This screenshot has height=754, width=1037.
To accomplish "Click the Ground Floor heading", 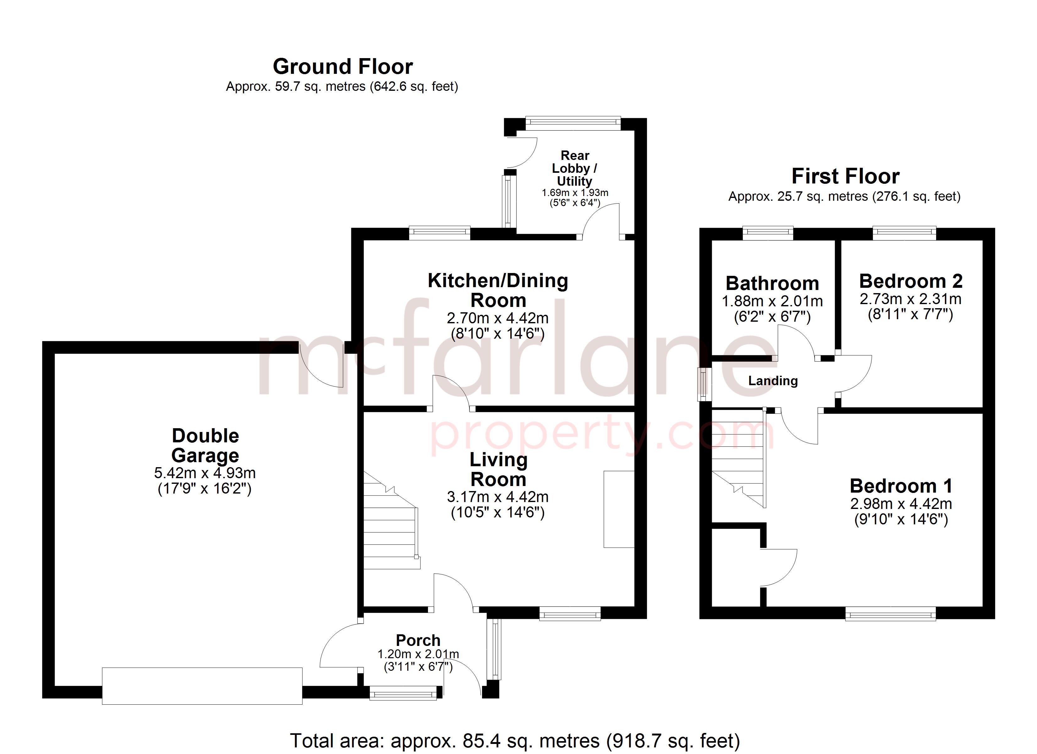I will tap(343, 67).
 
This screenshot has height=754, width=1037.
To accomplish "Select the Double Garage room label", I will tap(205, 446).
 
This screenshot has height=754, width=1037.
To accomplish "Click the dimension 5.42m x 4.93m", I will tap(205, 473).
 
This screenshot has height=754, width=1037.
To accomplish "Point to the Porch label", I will tap(418, 640).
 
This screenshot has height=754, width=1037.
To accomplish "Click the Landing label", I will tap(773, 381).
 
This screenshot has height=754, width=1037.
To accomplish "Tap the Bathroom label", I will tap(772, 283).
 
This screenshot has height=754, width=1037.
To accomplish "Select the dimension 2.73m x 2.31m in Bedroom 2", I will tap(910, 299).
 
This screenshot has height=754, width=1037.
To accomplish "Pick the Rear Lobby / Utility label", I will tap(575, 168).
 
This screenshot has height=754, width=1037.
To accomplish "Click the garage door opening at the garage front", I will tap(202, 686).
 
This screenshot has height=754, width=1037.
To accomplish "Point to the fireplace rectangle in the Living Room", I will tap(619, 509).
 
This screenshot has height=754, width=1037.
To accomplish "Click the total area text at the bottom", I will tap(515, 741).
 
